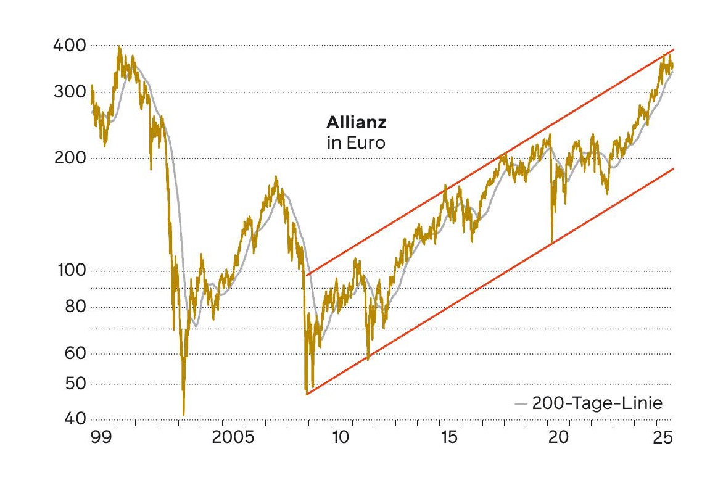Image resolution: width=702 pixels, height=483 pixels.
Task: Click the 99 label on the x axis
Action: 100,437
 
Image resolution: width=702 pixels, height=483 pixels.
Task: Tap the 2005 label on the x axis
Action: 233,437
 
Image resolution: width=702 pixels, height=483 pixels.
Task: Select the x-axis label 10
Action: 341,437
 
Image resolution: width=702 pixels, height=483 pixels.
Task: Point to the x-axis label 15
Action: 450,437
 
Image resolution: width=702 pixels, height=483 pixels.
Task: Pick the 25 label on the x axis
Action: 663,437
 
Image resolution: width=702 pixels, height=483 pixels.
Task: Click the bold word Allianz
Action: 357,123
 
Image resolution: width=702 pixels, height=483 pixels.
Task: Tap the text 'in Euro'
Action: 355,143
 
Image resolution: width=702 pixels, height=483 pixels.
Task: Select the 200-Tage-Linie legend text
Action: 597,404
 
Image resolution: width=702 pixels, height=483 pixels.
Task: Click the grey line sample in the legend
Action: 521,405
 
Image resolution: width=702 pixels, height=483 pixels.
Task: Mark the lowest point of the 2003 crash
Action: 184,415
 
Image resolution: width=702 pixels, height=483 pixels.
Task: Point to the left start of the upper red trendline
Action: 307,275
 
